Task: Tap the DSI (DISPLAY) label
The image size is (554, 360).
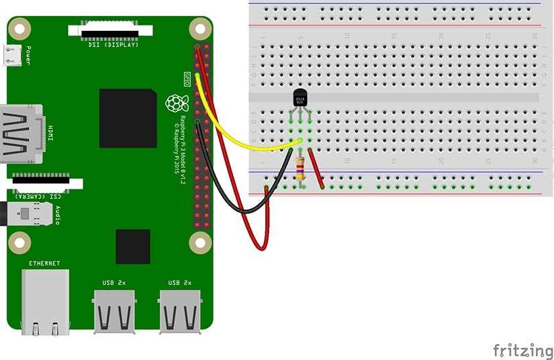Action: [113, 45]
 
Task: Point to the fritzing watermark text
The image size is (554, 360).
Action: [522, 350]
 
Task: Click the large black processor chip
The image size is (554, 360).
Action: [128, 117]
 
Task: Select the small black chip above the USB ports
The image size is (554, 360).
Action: [132, 246]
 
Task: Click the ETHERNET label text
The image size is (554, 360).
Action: [44, 263]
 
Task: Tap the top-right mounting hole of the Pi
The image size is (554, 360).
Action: [199, 28]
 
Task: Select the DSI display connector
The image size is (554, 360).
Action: [111, 30]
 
